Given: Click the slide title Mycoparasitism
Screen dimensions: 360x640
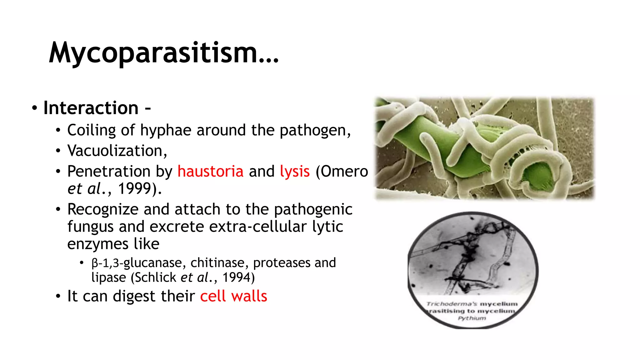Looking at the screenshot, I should pyautogui.click(x=163, y=53).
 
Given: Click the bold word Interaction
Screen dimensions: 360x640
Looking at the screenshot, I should pyautogui.click(x=91, y=108).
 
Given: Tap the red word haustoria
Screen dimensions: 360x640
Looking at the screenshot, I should pyautogui.click(x=210, y=172).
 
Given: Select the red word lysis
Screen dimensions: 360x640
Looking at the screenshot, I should pyautogui.click(x=295, y=172).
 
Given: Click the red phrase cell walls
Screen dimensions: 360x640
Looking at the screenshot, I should pyautogui.click(x=233, y=296).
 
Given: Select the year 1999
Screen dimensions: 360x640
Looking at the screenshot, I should pyautogui.click(x=135, y=188).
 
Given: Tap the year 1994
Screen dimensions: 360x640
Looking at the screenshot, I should pyautogui.click(x=237, y=277).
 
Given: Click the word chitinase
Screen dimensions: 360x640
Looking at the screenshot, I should pyautogui.click(x=217, y=263).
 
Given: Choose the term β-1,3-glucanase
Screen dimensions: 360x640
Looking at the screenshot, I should pyautogui.click(x=137, y=263).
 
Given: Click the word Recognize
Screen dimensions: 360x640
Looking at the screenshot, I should pyautogui.click(x=103, y=209).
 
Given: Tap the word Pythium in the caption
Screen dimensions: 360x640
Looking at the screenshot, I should pyautogui.click(x=472, y=318).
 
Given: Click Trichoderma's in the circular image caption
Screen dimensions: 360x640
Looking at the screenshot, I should pyautogui.click(x=452, y=304).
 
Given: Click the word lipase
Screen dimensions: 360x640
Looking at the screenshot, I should pyautogui.click(x=108, y=277).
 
